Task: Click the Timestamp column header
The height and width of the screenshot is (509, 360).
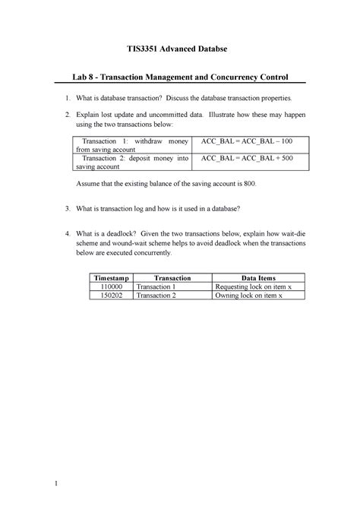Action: tap(112, 279)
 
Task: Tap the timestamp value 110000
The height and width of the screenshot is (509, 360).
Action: tap(112, 288)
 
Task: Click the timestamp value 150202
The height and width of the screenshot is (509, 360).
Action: tap(112, 297)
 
